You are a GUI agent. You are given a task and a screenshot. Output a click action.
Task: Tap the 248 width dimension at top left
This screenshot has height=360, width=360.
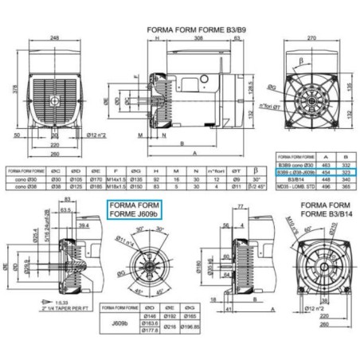(55, 38)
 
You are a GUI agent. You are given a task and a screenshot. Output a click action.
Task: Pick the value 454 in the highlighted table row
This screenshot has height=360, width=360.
(330, 171)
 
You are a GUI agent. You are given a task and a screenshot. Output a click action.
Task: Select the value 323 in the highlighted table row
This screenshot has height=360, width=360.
(349, 171)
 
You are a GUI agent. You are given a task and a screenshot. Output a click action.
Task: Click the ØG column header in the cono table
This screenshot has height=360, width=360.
(135, 170)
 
